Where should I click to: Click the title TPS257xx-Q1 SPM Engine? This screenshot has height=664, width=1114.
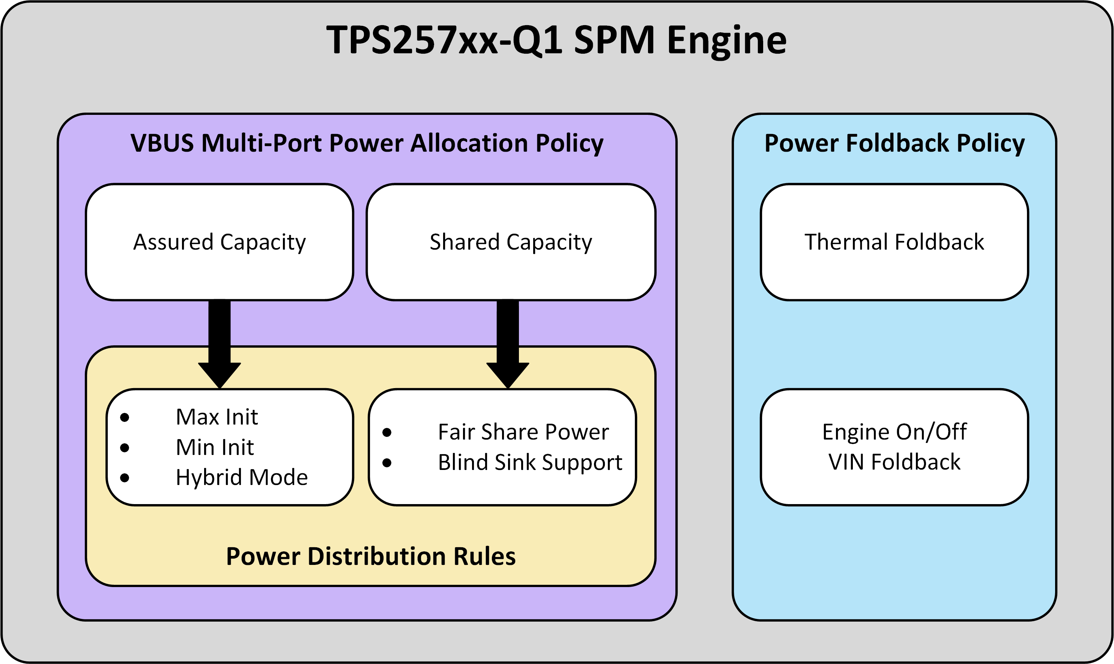(x=556, y=40)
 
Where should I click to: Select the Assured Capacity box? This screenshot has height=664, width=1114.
(x=219, y=242)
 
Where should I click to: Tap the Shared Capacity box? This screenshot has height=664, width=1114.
(x=511, y=242)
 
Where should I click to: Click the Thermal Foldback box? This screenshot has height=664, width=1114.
(x=895, y=242)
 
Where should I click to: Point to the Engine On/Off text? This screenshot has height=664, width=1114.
(x=895, y=432)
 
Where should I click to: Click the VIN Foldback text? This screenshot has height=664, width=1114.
(x=895, y=462)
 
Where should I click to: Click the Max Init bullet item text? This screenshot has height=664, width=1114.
(x=217, y=417)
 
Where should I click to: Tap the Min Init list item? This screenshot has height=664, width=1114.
(x=215, y=447)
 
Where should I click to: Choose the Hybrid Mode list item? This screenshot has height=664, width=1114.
(x=242, y=477)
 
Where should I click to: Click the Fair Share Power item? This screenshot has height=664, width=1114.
(x=523, y=432)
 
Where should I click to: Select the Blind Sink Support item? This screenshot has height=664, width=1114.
(x=530, y=462)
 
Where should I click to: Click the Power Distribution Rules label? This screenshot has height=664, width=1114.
(x=371, y=556)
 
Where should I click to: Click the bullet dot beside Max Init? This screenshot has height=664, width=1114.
(x=125, y=417)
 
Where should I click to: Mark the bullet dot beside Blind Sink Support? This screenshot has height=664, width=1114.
(x=387, y=463)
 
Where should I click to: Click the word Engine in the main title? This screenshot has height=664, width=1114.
(x=727, y=41)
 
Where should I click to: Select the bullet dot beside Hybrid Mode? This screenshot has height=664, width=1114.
(x=125, y=478)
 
